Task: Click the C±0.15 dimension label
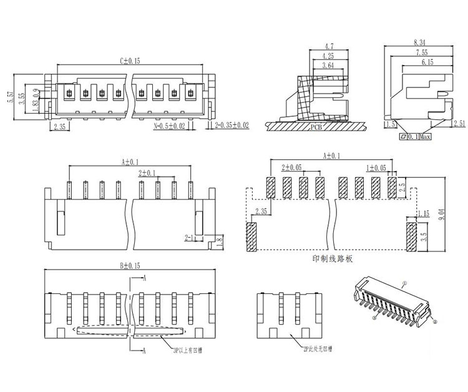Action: coord(130,61)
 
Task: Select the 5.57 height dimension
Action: coord(11,97)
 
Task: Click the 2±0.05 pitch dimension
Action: coord(291,168)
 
